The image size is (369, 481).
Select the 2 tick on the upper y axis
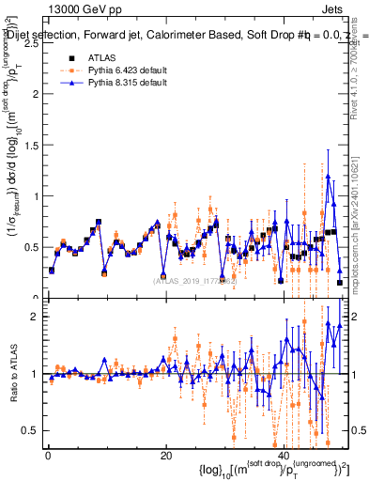[x=37, y=95]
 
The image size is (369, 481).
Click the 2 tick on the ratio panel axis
[x=37, y=317]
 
